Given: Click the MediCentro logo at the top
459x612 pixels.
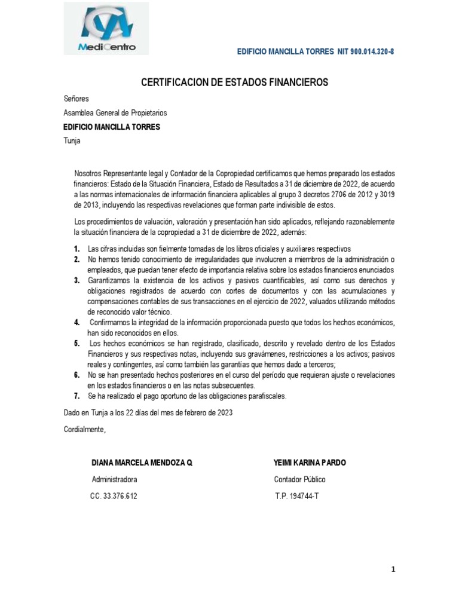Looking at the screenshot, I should click(106, 29).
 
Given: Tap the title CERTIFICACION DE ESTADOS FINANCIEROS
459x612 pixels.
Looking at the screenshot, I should click(235, 82).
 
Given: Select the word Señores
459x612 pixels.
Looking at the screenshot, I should click(76, 99).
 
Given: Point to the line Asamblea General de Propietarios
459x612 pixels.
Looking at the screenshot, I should click(115, 112).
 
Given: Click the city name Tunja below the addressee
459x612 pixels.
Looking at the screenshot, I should click(72, 141).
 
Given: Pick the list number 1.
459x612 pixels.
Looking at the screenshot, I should click(77, 249).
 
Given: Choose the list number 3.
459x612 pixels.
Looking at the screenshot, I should click(77, 280).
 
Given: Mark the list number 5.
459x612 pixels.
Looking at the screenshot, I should click(77, 344).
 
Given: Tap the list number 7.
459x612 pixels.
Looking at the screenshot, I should click(77, 396).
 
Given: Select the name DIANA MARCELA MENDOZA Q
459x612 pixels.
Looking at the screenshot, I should click(142, 463).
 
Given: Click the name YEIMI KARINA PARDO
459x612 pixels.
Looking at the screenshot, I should click(310, 463).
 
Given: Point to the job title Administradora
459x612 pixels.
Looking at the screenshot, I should click(114, 479).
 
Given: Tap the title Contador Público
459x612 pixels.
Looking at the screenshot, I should click(300, 479).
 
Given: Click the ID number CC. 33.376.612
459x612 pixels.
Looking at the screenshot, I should click(114, 496).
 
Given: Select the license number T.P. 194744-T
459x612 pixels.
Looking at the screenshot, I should click(297, 496).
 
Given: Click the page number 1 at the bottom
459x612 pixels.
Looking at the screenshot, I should click(394, 570).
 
